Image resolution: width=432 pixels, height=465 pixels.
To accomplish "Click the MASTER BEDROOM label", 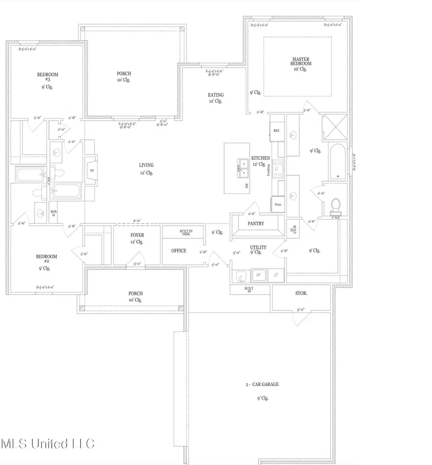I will pyautogui.click(x=301, y=61).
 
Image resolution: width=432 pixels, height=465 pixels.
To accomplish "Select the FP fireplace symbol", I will pyautogui.click(x=91, y=170).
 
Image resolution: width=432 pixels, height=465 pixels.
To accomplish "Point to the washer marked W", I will pyautogui.click(x=259, y=275).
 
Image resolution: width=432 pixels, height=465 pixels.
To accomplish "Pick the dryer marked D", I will pyautogui.click(x=276, y=275).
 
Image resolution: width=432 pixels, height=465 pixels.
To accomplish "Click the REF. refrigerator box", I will pyautogui.click(x=277, y=130).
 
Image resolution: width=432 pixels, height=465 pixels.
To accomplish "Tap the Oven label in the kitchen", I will pyautogui.click(x=278, y=204).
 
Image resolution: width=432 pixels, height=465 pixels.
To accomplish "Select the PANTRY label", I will pyautogui.click(x=256, y=223).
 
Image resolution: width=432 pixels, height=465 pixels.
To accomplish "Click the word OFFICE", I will pyautogui.click(x=179, y=251).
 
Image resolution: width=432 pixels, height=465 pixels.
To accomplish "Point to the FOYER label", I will pyautogui.click(x=137, y=235).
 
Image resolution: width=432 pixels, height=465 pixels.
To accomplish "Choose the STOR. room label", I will pyautogui.click(x=301, y=293).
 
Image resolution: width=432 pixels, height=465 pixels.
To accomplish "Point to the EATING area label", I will pyautogui.click(x=216, y=95).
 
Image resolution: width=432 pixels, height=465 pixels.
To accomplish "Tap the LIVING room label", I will pyautogui.click(x=146, y=165).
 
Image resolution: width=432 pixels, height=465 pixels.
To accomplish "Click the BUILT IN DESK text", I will pyautogui.click(x=186, y=232).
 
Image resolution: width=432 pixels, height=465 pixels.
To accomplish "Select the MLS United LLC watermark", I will pyautogui.click(x=48, y=443).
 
